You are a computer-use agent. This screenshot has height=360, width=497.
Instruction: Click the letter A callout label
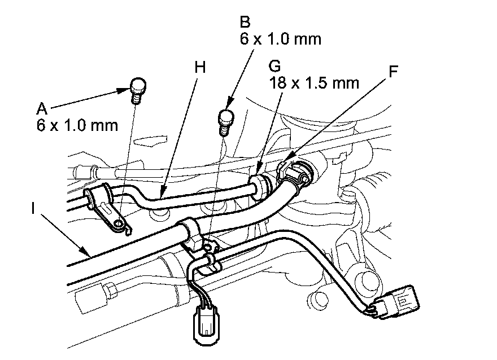tap(41, 107)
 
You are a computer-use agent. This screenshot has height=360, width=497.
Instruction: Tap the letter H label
tap(199, 66)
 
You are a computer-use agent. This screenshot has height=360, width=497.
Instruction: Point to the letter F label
tap(394, 72)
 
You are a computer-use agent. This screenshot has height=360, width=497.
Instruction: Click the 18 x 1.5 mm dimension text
tap(313, 84)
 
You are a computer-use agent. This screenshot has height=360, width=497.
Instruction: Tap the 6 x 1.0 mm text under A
tap(76, 124)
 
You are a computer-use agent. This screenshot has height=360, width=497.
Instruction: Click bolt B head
tap(225, 118)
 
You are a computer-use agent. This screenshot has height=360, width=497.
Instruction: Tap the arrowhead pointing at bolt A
tap(128, 89)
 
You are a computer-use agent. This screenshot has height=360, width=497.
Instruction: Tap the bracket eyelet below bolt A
tap(117, 225)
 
